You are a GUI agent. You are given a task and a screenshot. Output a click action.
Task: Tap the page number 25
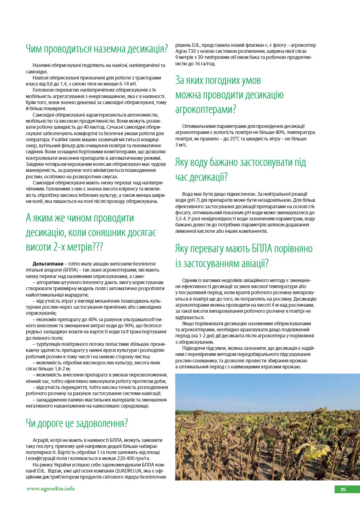click(x=343, y=490)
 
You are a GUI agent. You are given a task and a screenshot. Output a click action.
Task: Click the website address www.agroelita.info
click(x=50, y=488)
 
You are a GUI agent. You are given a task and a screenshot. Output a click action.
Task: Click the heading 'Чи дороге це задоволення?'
click(x=77, y=423)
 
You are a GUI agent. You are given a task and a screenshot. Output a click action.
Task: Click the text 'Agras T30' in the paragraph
click(x=188, y=51)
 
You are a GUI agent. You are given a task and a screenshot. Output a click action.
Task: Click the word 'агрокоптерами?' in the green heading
click(x=206, y=109)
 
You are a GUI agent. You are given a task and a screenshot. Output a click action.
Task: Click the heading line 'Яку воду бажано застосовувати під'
click(x=241, y=162)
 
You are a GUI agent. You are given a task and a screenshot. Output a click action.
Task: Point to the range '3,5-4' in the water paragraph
click(x=182, y=218)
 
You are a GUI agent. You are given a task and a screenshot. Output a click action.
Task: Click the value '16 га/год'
click(x=203, y=63)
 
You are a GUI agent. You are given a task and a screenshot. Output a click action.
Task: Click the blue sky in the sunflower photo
click(x=266, y=387)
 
